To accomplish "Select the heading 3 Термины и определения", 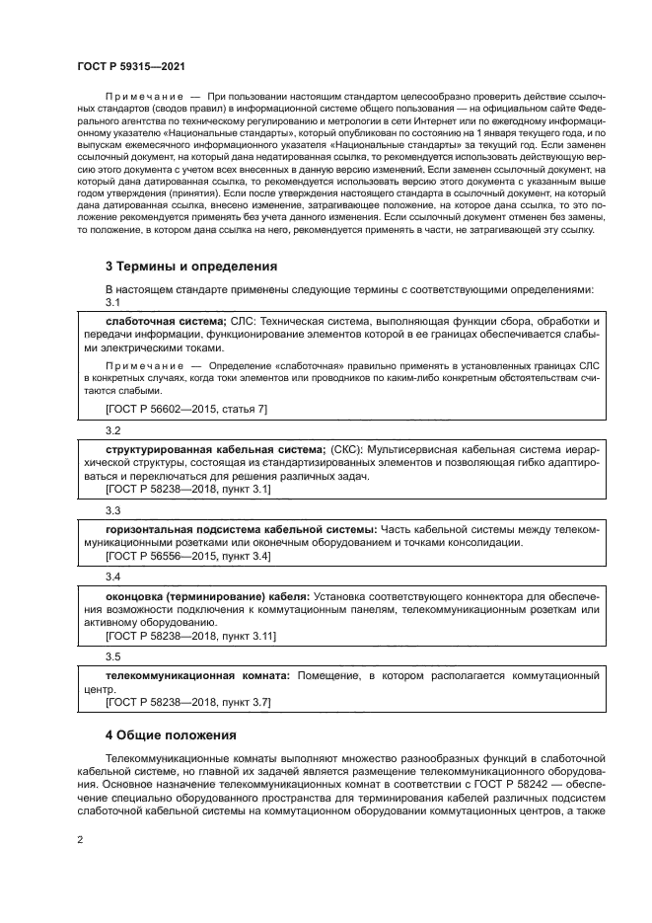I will click(191, 267).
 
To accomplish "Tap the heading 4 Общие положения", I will click(172, 734).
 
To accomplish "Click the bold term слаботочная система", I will click(166, 322).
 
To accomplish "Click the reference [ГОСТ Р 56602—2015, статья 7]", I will click(185, 408).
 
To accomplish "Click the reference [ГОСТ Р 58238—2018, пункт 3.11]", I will click(190, 636).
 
